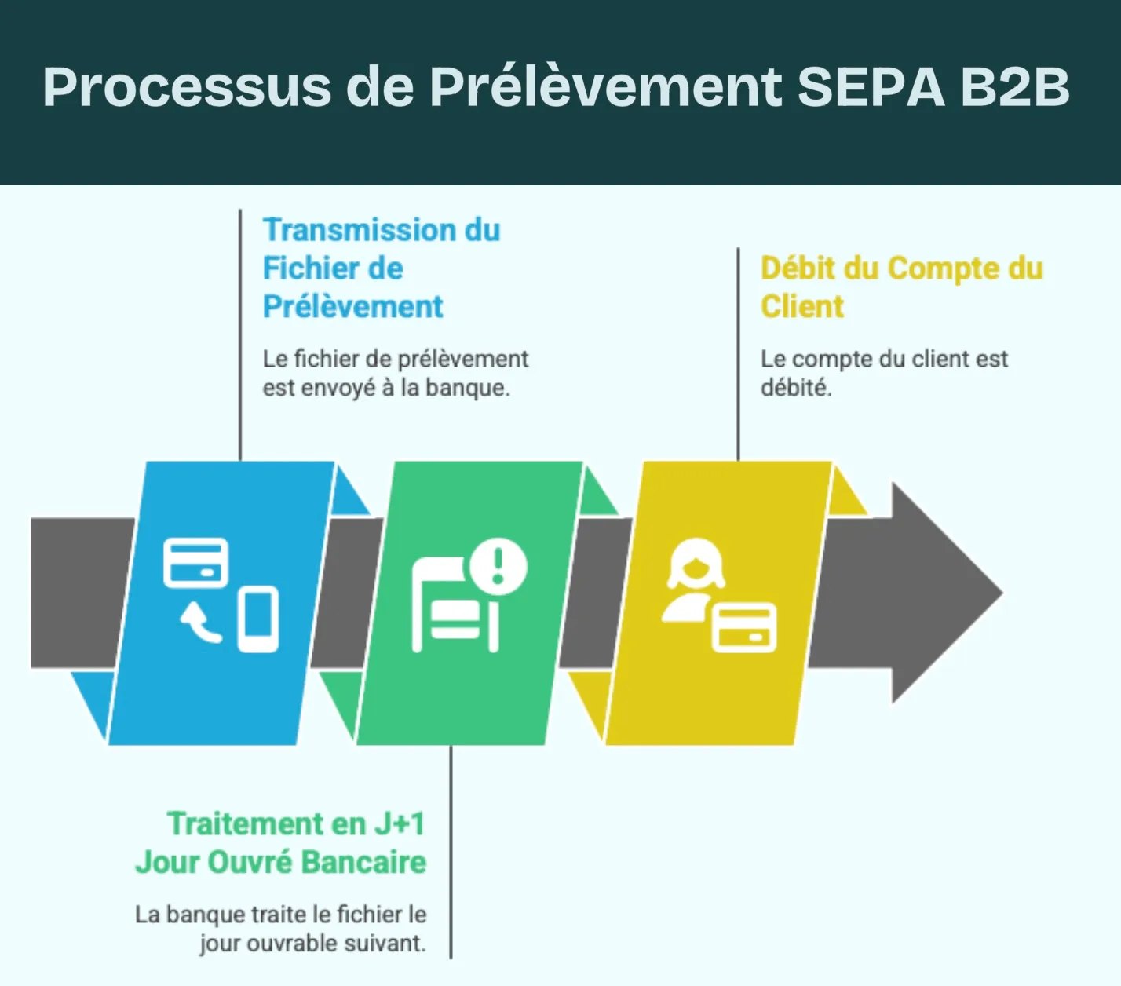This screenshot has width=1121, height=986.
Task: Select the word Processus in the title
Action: (x=187, y=86)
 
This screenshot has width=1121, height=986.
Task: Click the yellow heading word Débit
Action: (x=798, y=268)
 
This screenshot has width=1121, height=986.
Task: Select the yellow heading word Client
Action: (x=801, y=306)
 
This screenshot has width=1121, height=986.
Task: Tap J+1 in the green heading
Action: (x=400, y=824)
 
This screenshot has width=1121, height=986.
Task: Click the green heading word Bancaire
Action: (x=363, y=862)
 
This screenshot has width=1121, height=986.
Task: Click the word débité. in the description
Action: (x=795, y=388)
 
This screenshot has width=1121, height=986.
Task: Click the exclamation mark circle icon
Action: (x=498, y=565)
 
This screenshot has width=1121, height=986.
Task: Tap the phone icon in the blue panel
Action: (x=258, y=619)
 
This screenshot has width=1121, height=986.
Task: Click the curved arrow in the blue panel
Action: (x=202, y=623)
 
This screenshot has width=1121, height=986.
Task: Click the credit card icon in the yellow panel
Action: (x=744, y=628)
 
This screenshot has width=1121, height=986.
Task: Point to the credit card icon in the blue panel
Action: (x=195, y=563)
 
